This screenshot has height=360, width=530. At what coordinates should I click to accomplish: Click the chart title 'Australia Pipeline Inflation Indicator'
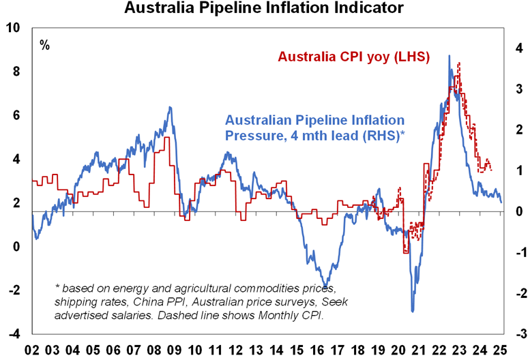264,9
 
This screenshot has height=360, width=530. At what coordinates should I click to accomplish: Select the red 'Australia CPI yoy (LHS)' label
351,57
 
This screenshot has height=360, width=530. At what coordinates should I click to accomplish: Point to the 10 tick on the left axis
13,28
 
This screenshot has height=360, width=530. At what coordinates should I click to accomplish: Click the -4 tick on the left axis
13,333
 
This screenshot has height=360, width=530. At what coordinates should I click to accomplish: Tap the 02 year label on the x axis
32,350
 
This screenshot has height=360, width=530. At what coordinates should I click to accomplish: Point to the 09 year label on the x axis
175,350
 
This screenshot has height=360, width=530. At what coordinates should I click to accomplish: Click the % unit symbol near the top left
44,46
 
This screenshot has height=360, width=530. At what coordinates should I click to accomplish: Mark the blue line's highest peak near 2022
449,56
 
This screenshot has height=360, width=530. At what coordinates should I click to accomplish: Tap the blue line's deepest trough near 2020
412,312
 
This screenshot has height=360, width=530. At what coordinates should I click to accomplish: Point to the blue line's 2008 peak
170,107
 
